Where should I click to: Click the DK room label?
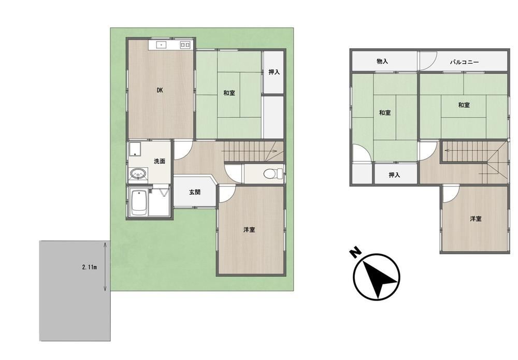point(160,90)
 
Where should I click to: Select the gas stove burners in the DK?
point(185,45)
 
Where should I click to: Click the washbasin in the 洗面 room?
point(138,174)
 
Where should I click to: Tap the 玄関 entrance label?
point(195,192)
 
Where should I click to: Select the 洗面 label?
point(160,161)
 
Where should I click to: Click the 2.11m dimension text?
point(89,267)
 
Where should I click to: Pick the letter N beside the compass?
point(355,253)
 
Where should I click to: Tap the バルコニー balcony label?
point(464,62)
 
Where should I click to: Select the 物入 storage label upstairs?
point(382,62)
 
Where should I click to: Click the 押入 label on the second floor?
point(394,175)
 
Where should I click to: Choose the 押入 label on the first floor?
point(274,71)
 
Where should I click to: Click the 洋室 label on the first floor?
point(249,229)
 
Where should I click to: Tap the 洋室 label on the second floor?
point(476,219)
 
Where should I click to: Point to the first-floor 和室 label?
point(229,93)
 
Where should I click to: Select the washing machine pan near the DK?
point(135,150)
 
